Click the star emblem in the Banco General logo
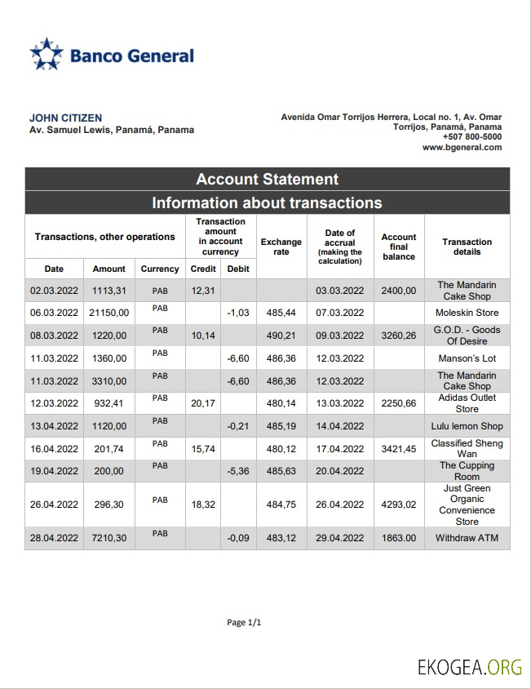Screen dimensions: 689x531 [46, 54]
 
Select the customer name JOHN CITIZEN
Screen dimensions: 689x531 [66, 118]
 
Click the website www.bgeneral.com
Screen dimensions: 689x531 [462, 148]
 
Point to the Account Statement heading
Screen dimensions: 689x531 [267, 180]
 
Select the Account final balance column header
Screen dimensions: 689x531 [399, 247]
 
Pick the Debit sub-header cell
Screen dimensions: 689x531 [238, 269]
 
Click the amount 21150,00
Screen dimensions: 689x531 [108, 313]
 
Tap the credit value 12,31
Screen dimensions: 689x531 [202, 291]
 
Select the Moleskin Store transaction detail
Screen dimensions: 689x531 [467, 313]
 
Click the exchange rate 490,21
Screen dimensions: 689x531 [281, 336]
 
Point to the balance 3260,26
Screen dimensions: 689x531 [399, 336]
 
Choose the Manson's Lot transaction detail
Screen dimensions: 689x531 [467, 358]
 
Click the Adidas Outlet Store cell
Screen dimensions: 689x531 [467, 403]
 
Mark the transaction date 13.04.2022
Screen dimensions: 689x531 [53, 426]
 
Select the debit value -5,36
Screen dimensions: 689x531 [238, 471]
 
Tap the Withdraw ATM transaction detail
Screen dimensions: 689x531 [467, 539]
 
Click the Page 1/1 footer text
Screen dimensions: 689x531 [244, 623]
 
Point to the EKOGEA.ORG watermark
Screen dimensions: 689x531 [469, 667]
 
